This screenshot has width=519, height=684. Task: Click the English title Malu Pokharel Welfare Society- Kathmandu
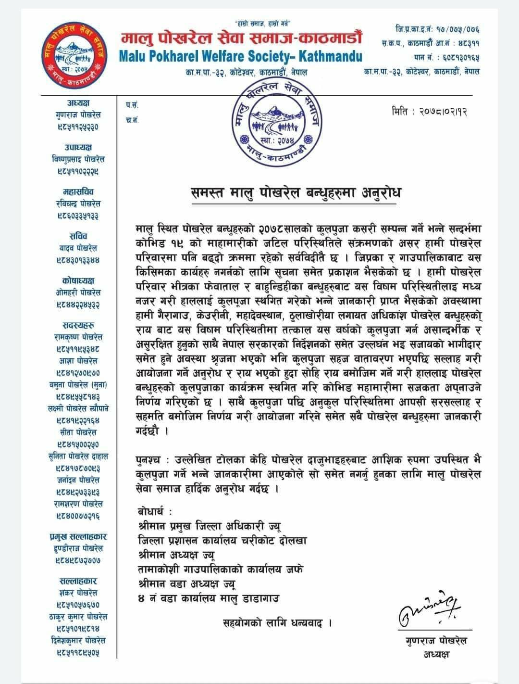(x=240, y=56)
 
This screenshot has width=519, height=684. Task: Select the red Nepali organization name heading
(x=241, y=38)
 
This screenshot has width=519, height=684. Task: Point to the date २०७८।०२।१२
(x=430, y=112)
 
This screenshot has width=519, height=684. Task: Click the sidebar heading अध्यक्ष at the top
(x=78, y=103)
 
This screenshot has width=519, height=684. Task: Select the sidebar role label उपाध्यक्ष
(x=78, y=147)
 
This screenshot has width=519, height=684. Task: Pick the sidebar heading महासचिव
(x=78, y=192)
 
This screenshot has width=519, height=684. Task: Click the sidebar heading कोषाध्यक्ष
(x=78, y=280)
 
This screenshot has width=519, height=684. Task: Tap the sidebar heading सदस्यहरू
(x=78, y=325)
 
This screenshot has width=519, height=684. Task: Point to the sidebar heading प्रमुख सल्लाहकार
(x=78, y=536)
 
